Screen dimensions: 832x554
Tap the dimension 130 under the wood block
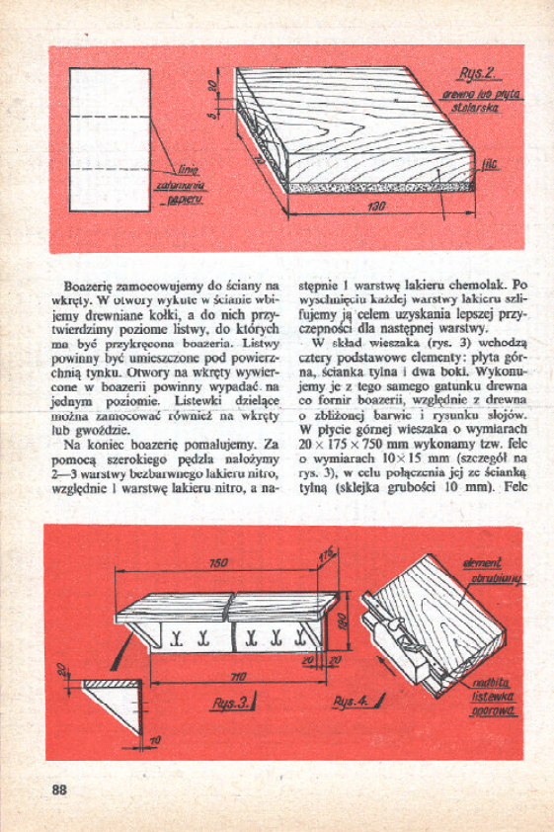tap(376, 208)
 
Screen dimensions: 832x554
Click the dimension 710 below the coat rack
tap(237, 677)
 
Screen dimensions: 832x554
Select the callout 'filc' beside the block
tap(488, 168)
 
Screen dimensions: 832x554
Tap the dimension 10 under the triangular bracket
tap(155, 739)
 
